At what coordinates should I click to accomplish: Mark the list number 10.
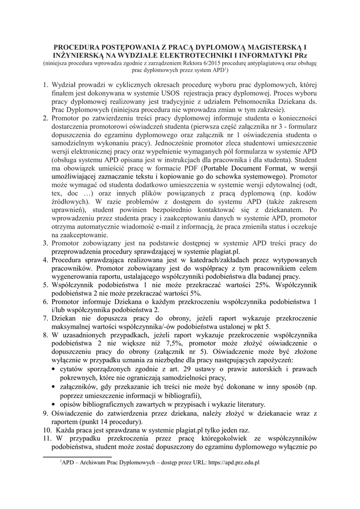tap(47, 429)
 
